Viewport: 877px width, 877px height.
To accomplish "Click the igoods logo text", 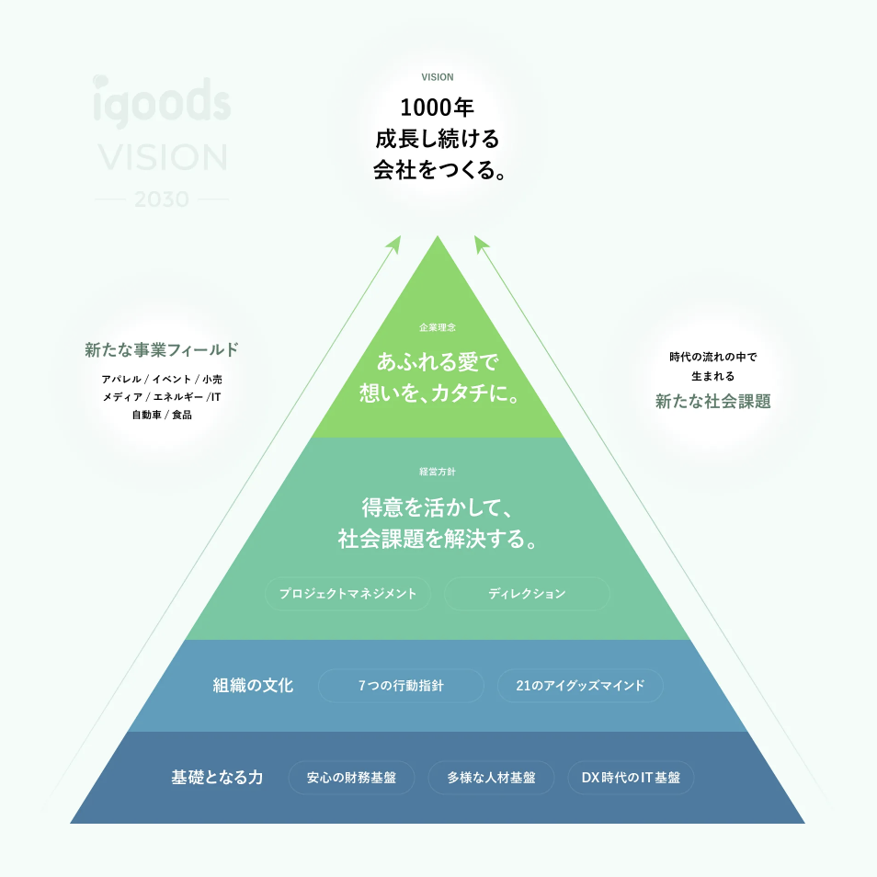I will [x=162, y=102].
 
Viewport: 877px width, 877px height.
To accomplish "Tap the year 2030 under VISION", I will [x=162, y=199].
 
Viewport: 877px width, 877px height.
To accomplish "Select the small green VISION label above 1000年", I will [x=438, y=77].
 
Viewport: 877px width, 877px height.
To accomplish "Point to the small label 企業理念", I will [x=438, y=327].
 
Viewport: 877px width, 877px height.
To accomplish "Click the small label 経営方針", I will [x=438, y=472].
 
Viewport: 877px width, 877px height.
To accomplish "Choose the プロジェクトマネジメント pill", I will [x=348, y=594].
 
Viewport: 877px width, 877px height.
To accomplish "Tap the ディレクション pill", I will [x=527, y=594].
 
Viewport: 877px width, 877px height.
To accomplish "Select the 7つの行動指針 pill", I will [x=401, y=686].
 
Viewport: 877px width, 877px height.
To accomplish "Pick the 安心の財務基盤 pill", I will [x=352, y=778].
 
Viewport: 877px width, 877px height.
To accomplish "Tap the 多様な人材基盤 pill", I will [x=491, y=778].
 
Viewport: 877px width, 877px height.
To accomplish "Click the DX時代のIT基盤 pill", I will [x=631, y=778].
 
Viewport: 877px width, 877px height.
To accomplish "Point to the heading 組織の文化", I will [x=253, y=686].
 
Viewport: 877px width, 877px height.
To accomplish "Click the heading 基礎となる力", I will [x=217, y=778].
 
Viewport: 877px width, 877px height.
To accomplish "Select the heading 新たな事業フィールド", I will [x=162, y=349].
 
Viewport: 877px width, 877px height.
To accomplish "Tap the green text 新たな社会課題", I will [x=713, y=402].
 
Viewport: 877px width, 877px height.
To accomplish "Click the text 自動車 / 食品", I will [x=162, y=415].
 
